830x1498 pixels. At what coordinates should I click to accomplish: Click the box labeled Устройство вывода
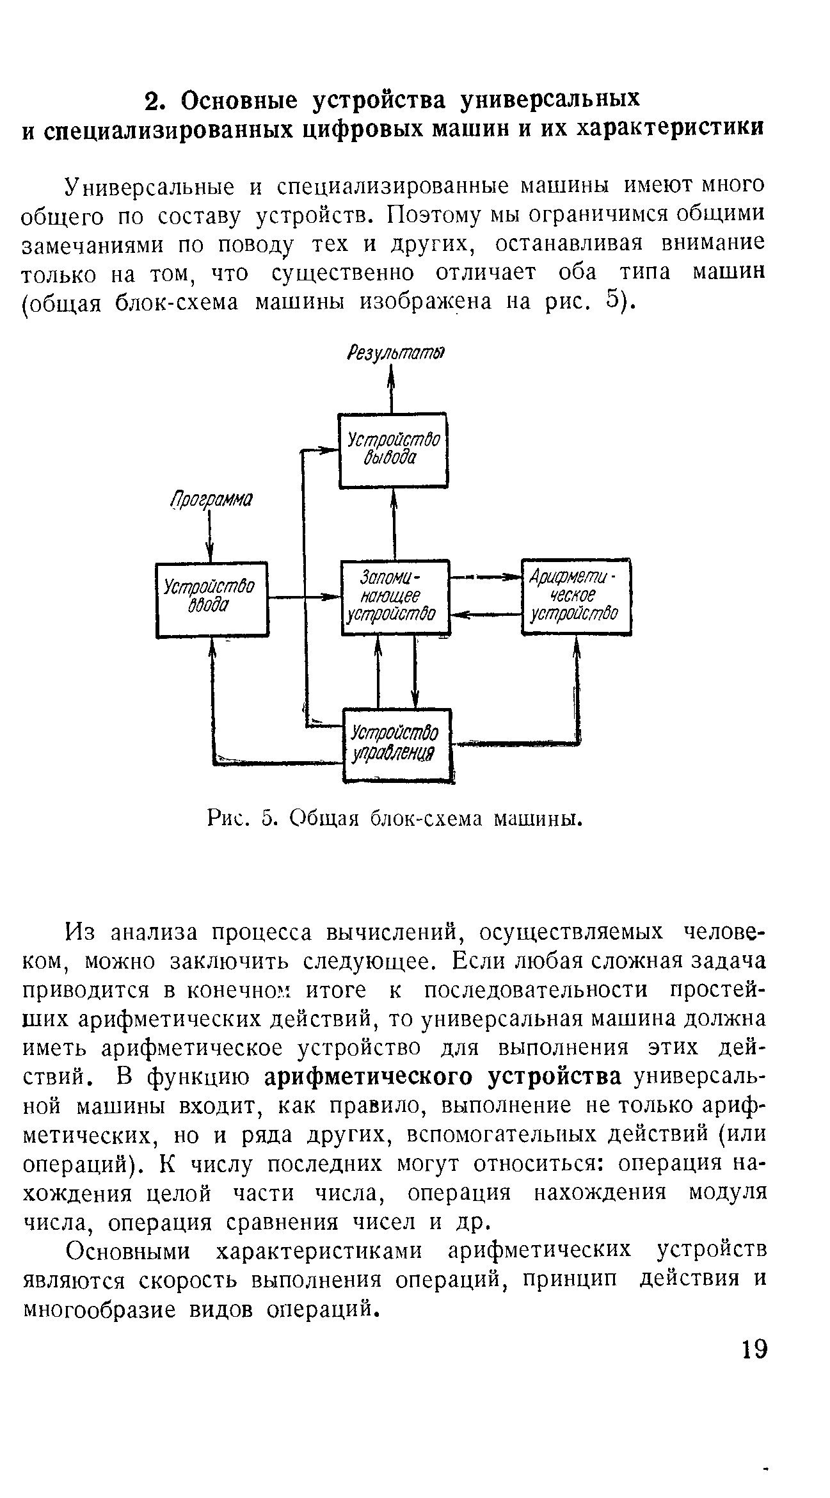pos(392,450)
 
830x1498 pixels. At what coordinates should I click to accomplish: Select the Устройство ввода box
pos(212,599)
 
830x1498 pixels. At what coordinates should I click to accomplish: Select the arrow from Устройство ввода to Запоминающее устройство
pos(304,597)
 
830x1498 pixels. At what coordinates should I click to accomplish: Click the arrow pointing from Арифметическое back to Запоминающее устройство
pos(486,615)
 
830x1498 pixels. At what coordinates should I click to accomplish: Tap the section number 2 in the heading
pos(152,101)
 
